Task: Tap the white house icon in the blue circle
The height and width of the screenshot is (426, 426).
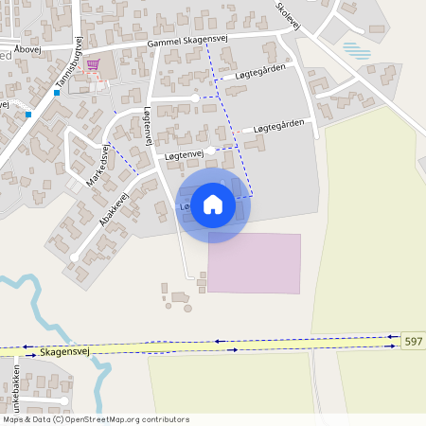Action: tap(213, 204)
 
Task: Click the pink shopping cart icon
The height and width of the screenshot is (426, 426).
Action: tap(93, 65)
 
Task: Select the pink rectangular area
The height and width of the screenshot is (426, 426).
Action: tap(254, 263)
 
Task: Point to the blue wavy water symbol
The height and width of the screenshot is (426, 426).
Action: tap(356, 50)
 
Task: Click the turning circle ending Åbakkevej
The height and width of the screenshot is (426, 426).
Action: tap(74, 257)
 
